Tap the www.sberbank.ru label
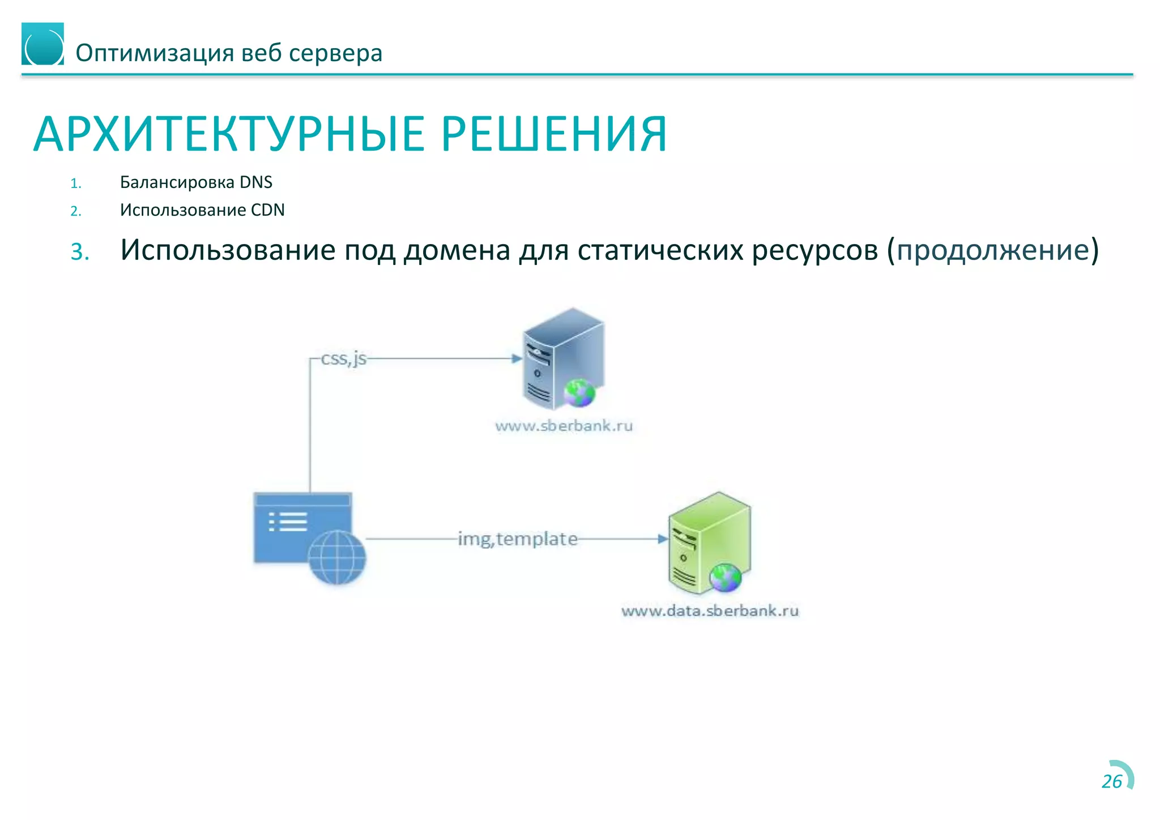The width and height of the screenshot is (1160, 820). [x=564, y=426]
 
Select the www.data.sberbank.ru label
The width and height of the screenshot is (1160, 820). [x=710, y=610]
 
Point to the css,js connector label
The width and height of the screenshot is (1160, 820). [x=344, y=358]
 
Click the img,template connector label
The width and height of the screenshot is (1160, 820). [x=518, y=539]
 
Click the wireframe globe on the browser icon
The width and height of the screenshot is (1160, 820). [x=337, y=557]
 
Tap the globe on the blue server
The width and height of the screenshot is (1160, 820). [x=579, y=393]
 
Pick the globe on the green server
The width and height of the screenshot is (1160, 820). [x=725, y=578]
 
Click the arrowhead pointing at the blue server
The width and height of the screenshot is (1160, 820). [x=517, y=358]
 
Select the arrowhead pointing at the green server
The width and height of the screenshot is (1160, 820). [x=663, y=539]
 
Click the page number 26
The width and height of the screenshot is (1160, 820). [x=1111, y=781]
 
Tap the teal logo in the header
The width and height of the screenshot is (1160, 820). [x=42, y=44]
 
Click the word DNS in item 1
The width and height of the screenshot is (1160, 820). [x=256, y=182]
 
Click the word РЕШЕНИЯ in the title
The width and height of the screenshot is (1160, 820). [x=554, y=135]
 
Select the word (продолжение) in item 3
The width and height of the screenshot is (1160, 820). [x=992, y=250]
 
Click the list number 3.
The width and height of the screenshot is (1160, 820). [x=80, y=251]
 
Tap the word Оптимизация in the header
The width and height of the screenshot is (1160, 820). [x=155, y=53]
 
